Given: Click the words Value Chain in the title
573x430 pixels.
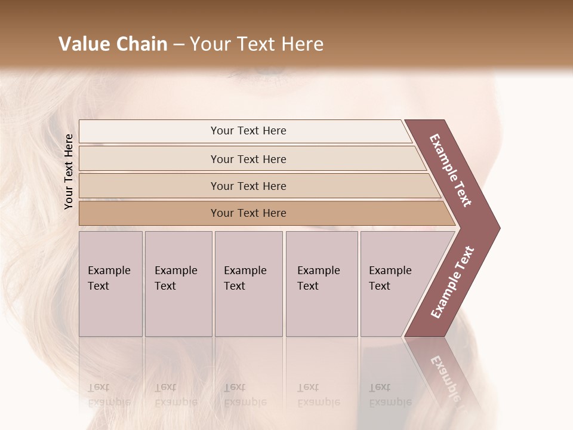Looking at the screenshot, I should pos(113,44).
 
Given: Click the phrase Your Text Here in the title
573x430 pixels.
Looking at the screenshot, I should pos(257,44).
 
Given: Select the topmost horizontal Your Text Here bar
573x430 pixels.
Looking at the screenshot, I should pos(248,131).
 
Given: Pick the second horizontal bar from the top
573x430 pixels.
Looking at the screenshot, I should pos(248,159).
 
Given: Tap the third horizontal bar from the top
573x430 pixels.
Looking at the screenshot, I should pos(248,186).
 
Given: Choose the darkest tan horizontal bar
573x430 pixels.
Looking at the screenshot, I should pos(248,213).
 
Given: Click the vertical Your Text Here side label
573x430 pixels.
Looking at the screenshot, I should pos(69,171).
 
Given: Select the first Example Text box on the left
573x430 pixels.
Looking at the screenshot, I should pos(110,283).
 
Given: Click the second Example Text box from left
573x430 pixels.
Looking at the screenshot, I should pos(178,283).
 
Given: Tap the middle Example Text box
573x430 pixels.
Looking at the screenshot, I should pos(248,283).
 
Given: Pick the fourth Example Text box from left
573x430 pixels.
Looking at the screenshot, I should pos(321,283).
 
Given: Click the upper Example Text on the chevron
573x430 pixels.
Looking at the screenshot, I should pos(451,170).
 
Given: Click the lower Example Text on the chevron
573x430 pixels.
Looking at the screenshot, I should pos(452,282).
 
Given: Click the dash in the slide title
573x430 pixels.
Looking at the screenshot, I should pos(178,44).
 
